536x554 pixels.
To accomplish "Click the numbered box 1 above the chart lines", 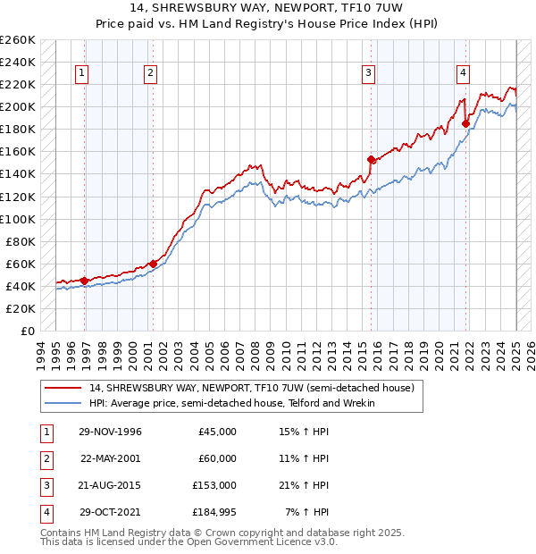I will [x=82, y=74].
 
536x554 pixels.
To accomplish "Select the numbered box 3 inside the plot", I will [x=368, y=74].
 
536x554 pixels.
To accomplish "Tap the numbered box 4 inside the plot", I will [x=464, y=74].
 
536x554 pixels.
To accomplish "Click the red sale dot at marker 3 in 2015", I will [x=371, y=159].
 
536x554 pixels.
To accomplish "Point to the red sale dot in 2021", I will [x=465, y=123].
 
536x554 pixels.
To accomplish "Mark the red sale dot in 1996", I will [x=84, y=280].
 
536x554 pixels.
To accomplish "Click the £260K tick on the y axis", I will [x=18, y=40].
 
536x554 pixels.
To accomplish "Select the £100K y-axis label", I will [x=18, y=219].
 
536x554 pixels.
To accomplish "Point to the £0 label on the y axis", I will [x=28, y=331].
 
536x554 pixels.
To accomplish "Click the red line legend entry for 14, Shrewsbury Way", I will [x=251, y=389].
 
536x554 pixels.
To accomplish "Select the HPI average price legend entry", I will [x=231, y=404].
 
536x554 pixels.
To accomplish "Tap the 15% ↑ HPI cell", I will [x=304, y=432].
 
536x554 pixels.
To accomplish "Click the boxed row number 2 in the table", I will [x=46, y=458].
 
